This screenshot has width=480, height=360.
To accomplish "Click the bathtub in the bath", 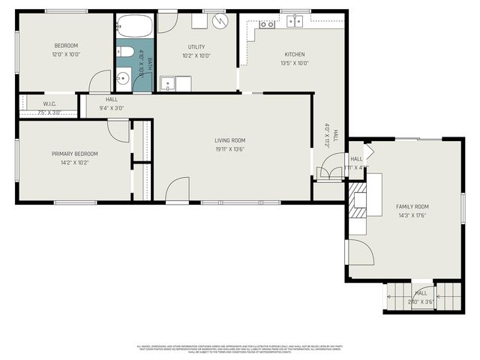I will tap(135, 26).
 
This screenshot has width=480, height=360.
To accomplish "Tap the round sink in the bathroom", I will tap(124, 77).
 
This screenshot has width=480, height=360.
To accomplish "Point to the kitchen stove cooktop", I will tap(266, 25).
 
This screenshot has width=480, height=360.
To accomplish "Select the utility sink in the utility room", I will tap(169, 83).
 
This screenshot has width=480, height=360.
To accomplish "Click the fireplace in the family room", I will tap(358, 201).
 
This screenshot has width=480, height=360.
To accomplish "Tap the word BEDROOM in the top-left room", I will tap(65, 46).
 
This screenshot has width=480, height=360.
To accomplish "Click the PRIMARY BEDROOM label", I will tap(74, 154).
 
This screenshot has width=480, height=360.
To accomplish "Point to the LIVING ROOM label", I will tap(229, 140).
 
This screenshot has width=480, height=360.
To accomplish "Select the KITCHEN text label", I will tap(294, 54).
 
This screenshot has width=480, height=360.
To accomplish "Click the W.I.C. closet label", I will tap(49, 104).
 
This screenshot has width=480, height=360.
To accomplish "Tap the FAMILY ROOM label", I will tap(412, 206).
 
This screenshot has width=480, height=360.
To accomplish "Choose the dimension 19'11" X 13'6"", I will tap(229, 148).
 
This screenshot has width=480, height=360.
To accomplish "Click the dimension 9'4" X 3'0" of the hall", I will tap(111, 108).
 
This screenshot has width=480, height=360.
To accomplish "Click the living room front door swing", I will tap(178, 189).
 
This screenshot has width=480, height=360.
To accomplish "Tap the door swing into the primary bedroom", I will tap(118, 130).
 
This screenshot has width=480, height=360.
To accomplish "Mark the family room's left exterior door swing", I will tap(361, 253).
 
